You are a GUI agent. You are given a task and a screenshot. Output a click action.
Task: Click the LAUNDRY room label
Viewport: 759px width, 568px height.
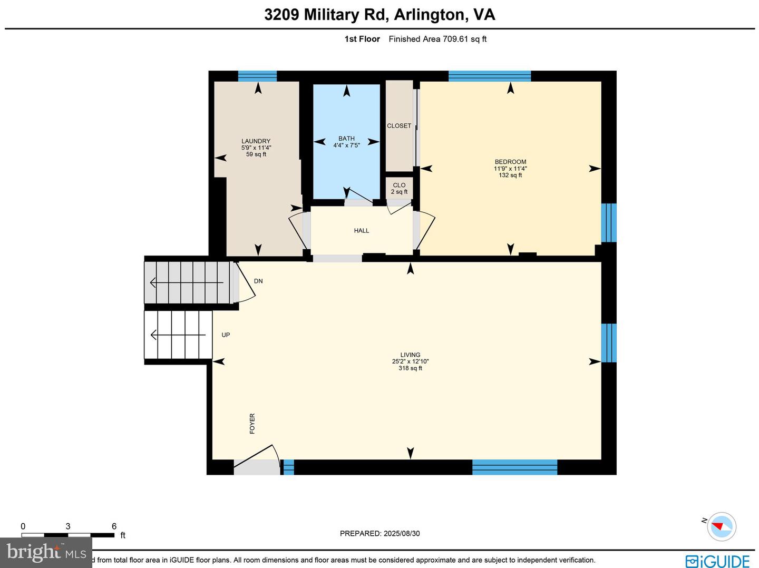click(x=256, y=141)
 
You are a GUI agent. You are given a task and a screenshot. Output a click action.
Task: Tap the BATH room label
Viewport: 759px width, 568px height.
click(x=346, y=139)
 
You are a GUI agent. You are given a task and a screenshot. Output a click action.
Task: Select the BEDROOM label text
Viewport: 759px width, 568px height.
click(x=510, y=162)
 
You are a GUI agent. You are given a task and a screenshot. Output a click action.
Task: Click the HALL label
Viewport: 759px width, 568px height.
click(x=362, y=231)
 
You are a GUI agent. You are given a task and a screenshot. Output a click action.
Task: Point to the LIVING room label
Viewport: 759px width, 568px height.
click(x=410, y=355)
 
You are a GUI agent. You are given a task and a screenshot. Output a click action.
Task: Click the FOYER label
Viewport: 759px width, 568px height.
click(x=252, y=424)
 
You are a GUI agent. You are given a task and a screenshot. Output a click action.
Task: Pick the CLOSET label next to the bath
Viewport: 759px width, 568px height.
click(x=399, y=126)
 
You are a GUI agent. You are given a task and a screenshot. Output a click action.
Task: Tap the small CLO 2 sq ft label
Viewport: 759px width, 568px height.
click(x=399, y=188)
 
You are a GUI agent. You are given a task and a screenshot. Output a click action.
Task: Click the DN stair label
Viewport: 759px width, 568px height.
click(x=258, y=281)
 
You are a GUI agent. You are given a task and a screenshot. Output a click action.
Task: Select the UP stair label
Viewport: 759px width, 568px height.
click(x=226, y=335)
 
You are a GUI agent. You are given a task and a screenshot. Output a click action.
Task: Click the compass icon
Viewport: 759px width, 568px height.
click(x=721, y=526)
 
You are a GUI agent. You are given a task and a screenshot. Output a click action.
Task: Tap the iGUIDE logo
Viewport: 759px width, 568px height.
click(x=717, y=561)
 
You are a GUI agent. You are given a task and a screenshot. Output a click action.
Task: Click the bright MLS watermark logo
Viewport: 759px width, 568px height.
click(x=46, y=552)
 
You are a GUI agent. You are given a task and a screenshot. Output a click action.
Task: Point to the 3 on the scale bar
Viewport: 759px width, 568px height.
click(x=68, y=526)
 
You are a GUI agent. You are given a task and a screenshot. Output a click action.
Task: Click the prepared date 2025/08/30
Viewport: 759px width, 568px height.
click(x=401, y=533)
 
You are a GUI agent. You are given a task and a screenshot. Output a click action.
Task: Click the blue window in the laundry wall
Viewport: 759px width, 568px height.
click(x=257, y=76)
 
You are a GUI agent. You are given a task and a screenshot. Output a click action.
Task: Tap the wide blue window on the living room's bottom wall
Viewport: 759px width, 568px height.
click(x=514, y=467)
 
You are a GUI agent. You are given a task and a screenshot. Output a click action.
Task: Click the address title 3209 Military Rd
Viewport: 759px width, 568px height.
click(x=326, y=14)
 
